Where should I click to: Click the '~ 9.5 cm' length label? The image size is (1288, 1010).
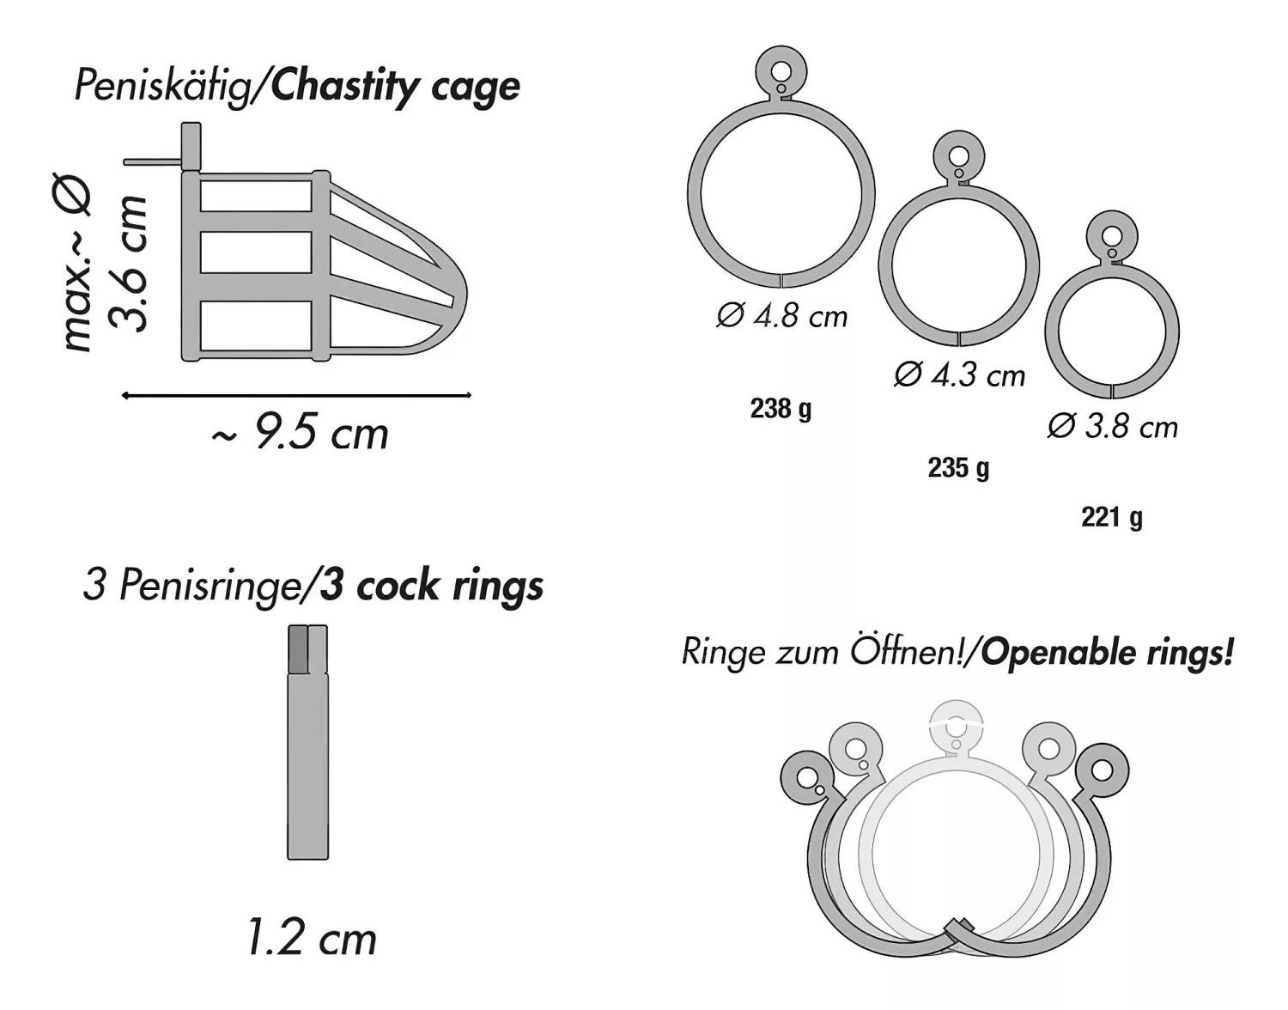(300, 434)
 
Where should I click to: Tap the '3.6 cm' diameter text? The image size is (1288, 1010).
(127, 263)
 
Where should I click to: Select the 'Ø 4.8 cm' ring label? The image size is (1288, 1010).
(781, 316)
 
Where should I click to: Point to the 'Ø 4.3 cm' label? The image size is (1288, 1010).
(960, 375)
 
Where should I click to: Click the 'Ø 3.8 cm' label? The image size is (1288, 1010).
(1113, 427)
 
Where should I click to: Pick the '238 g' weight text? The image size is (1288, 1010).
(781, 409)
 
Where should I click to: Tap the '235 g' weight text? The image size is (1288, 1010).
(958, 468)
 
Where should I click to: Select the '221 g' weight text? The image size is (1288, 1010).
(1112, 518)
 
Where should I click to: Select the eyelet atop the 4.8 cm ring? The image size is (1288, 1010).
(781, 72)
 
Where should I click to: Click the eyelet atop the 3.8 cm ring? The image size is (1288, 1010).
(1113, 236)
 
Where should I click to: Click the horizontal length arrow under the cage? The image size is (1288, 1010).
(296, 395)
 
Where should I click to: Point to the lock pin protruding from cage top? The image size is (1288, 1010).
(151, 161)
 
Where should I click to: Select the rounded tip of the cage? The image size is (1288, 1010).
(459, 296)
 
